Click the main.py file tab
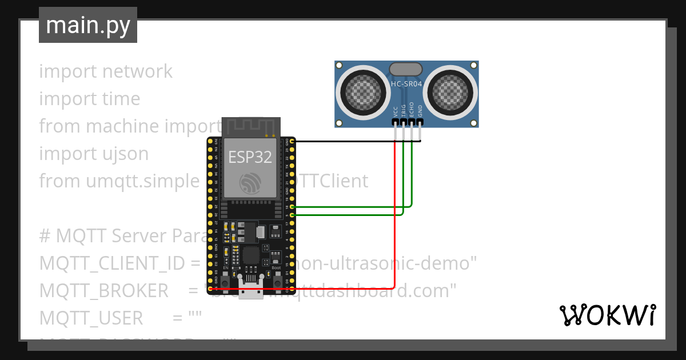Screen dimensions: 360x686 pyautogui.click(x=87, y=25)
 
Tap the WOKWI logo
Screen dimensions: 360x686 pyautogui.click(x=607, y=315)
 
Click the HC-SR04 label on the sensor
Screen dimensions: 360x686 pyautogui.click(x=406, y=85)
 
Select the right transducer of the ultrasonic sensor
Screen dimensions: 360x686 pyautogui.click(x=450, y=91)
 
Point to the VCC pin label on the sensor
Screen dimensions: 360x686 pyautogui.click(x=396, y=111)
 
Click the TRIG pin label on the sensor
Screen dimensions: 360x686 pyautogui.click(x=404, y=110)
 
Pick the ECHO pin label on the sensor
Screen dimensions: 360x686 pyautogui.click(x=412, y=110)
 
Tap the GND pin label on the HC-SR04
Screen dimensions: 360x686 pyautogui.click(x=420, y=111)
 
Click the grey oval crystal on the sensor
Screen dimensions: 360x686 pyautogui.click(x=406, y=70)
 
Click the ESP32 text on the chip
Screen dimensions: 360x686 pyautogui.click(x=250, y=157)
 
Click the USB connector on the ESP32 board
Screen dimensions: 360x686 pyautogui.click(x=251, y=289)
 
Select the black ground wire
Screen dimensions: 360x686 pyautogui.click(x=354, y=141)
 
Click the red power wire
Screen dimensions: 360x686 pyautogui.click(x=394, y=240)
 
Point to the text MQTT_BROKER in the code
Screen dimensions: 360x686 pyautogui.click(x=104, y=291)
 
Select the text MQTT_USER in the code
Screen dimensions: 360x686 pyautogui.click(x=91, y=318)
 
